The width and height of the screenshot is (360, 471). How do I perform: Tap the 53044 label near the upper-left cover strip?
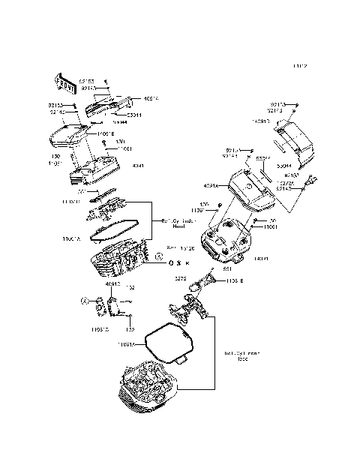point(134,114)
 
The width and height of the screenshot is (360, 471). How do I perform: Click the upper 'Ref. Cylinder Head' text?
point(178,223)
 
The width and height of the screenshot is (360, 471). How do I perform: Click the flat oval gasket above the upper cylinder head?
point(116,228)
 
